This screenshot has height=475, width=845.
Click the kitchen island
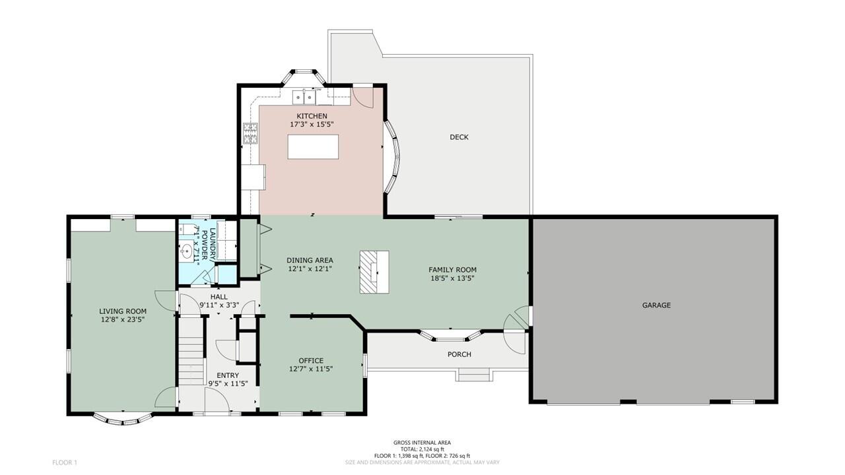pos(313,146)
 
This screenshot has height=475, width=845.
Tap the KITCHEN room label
pos(312,115)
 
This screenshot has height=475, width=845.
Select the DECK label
pos(459,137)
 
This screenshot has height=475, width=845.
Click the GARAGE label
pos(656,305)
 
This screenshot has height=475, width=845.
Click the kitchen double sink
pos(304,97)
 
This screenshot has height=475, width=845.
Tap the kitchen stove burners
pos(251,133)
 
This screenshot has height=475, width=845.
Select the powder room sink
pos(186,251)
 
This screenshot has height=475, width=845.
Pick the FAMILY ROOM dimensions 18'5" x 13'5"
pos(452,278)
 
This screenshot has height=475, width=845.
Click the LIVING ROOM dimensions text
pos(123,320)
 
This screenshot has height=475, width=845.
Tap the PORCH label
pos(459,354)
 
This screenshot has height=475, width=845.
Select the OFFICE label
pos(311,360)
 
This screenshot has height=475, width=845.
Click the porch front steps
pos(474,375)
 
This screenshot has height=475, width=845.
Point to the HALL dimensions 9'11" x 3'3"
pos(219,305)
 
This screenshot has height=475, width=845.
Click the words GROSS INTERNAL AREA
pos(422,443)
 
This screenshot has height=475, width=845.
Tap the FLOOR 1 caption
pos(65,462)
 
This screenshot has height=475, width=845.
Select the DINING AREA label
pos(310,260)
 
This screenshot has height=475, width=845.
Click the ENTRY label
pos(228,375)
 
